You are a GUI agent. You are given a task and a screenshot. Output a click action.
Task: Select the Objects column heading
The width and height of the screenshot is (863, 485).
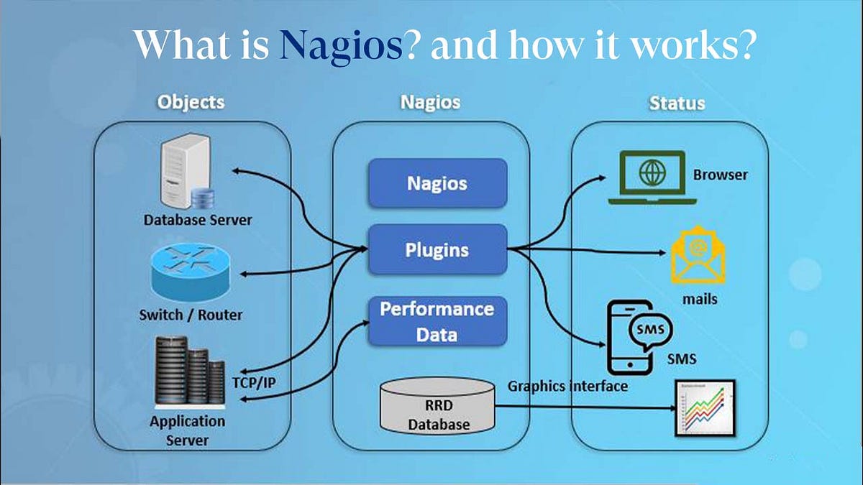[191, 102]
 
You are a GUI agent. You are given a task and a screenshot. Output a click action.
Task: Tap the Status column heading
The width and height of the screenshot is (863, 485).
[676, 103]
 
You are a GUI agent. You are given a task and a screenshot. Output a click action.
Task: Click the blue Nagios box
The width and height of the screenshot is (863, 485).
[437, 183]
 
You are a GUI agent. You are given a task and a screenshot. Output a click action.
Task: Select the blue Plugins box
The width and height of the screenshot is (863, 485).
[437, 249]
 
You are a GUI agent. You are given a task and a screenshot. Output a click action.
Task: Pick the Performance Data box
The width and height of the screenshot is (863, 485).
[437, 321]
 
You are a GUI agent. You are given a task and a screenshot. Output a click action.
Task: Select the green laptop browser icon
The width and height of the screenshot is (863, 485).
[647, 177]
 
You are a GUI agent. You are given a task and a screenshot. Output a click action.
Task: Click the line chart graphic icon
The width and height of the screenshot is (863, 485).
[703, 408]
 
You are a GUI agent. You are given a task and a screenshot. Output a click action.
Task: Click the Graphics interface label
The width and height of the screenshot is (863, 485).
[567, 386]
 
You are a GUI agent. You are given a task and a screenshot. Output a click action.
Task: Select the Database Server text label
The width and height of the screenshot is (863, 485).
[198, 219]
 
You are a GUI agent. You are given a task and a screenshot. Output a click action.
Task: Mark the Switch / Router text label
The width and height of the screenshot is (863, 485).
[191, 315]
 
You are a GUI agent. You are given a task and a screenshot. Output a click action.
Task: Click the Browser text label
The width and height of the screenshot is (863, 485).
[720, 175]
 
